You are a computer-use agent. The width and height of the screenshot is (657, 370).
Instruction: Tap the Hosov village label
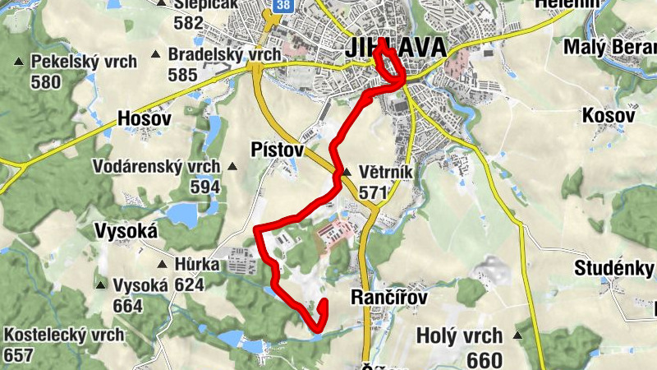[145, 118]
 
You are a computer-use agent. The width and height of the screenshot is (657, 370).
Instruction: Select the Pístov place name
[277, 150]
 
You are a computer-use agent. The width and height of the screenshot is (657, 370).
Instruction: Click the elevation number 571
[374, 192]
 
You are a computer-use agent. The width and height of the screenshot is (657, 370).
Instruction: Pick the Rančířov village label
[391, 296]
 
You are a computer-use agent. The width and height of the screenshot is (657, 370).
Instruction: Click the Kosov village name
[609, 115]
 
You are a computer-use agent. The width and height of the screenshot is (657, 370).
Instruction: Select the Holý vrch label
[459, 335]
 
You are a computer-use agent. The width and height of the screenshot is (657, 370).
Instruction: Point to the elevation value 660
[484, 359]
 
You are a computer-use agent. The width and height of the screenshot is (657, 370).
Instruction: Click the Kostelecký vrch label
[64, 335]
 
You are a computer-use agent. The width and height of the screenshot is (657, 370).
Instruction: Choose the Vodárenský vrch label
[156, 167]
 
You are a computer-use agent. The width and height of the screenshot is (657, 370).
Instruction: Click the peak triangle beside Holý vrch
[518, 335]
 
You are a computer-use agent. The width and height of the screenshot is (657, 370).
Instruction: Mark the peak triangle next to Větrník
[347, 173]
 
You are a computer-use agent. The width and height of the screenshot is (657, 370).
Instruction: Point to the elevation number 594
[204, 187]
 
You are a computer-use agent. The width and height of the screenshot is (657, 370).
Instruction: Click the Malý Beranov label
[609, 46]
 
